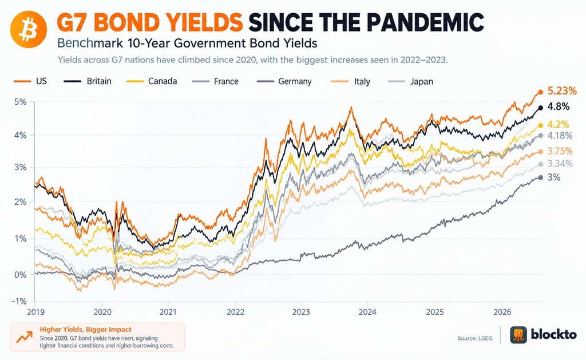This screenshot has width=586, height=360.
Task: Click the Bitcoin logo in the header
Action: click(29, 30)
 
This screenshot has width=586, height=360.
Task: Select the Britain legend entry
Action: click(88, 81)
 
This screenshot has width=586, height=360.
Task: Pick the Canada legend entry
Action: click(152, 81)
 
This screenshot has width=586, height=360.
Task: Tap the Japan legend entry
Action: click(411, 81)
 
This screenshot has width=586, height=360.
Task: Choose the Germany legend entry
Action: click(284, 81)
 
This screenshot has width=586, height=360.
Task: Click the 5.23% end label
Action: click(562, 91)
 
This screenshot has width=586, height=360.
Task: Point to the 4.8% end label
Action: click(559, 107)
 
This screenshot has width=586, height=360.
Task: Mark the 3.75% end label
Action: click(560, 151)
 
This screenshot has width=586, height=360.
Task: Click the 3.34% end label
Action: click(560, 164)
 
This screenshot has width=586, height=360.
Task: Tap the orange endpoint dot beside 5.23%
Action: click(540, 92)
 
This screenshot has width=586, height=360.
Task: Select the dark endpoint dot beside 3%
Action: click(540, 177)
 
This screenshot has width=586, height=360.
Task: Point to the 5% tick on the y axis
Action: click(21, 102)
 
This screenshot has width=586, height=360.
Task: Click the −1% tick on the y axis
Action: click(19, 301)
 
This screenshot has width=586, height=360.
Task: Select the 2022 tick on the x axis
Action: click(235, 312)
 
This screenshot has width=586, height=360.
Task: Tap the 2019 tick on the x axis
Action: click(36, 312)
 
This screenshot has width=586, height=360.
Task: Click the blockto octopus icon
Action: click(518, 335)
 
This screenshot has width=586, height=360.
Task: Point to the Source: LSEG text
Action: click(474, 338)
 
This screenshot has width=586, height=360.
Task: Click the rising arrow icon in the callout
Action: click(24, 337)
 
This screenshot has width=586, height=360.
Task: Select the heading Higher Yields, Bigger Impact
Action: click(86, 329)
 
